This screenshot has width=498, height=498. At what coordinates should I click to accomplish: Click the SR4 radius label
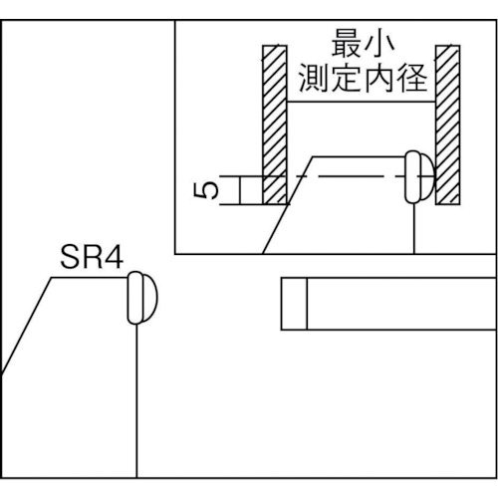[92, 258]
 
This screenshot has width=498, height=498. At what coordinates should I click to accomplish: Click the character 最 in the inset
[346, 43]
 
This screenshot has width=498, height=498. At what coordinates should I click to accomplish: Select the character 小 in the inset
[379, 43]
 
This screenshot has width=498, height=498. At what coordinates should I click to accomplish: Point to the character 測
[313, 78]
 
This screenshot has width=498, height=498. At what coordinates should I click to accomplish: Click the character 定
[347, 78]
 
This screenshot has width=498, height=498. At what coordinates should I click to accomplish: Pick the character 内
[379, 78]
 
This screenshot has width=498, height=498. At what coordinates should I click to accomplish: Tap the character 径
[412, 78]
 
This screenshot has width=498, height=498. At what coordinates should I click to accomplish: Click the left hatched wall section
[275, 124]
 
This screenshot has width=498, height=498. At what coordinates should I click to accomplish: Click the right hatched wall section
[447, 124]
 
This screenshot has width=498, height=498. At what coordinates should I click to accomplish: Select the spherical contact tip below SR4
[142, 298]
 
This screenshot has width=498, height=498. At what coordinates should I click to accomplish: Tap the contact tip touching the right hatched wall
[419, 176]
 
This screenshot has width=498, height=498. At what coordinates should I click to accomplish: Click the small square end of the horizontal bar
[294, 304]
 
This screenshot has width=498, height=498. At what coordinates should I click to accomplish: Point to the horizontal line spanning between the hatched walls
[362, 102]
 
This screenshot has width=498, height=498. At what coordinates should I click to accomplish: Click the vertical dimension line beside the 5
[239, 190]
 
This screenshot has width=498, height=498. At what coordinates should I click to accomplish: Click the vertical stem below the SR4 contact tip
[136, 400]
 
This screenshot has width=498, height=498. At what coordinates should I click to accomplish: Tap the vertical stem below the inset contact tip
[414, 228]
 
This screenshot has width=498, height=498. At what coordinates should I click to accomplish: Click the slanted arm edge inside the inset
[288, 205]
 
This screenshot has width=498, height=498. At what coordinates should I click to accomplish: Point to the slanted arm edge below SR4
[26, 326]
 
